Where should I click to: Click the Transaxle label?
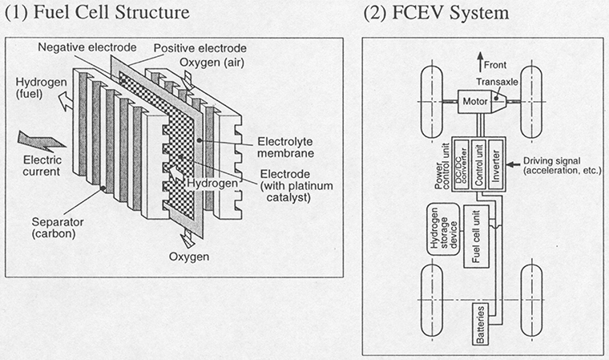coord(509,80)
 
